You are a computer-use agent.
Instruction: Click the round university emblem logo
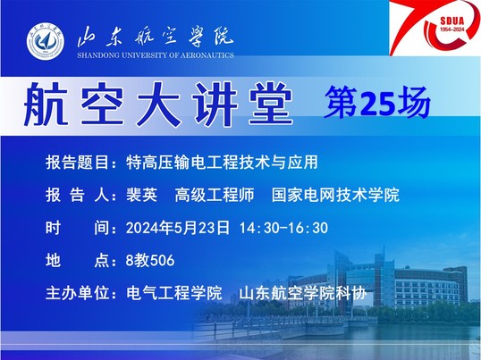pyautogui.click(x=46, y=41)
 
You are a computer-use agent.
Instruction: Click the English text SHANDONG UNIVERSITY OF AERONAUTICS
pyautogui.click(x=156, y=55)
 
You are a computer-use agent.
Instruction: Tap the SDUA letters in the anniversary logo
pyautogui.click(x=452, y=21)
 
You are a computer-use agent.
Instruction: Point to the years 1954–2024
pyautogui.click(x=452, y=29)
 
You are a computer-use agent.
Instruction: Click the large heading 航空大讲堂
pyautogui.click(x=158, y=105)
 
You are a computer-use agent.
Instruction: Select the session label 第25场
pyautogui.click(x=377, y=103)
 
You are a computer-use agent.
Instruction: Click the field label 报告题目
pyautogui.click(x=77, y=162)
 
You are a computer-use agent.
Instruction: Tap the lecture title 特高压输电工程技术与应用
pyautogui.click(x=222, y=162)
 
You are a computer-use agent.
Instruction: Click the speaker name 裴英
pyautogui.click(x=142, y=195)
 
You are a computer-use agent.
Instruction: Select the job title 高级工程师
pyautogui.click(x=215, y=195)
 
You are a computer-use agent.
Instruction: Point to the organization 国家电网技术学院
pyautogui.click(x=335, y=195)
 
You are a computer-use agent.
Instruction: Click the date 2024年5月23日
pyautogui.click(x=178, y=228)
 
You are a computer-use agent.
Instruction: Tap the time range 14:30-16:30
pyautogui.click(x=283, y=228)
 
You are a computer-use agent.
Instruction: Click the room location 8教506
pyautogui.click(x=150, y=261)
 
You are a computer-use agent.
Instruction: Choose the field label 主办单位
pyautogui.click(x=77, y=293)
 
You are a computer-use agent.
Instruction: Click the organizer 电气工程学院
pyautogui.click(x=174, y=293)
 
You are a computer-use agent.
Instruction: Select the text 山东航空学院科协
pyautogui.click(x=303, y=293)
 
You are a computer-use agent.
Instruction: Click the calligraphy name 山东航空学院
pyautogui.click(x=156, y=38)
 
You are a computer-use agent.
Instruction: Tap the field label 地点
pyautogui.click(x=77, y=261)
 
